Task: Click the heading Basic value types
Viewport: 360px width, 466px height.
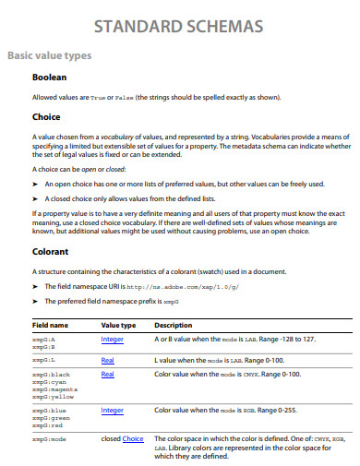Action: (49, 55)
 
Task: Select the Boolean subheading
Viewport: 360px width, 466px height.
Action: (50, 78)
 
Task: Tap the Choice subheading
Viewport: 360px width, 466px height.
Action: (46, 117)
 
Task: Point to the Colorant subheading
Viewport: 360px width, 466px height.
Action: (51, 250)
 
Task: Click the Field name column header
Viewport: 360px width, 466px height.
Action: (50, 326)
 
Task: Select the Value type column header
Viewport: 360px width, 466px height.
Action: (118, 326)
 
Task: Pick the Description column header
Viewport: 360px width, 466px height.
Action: (173, 326)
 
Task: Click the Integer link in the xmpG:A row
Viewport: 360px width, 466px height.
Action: (113, 340)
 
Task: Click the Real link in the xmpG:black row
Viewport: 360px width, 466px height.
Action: (107, 374)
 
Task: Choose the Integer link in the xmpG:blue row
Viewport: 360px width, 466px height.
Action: (113, 410)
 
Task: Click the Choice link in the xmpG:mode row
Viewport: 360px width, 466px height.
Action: (133, 438)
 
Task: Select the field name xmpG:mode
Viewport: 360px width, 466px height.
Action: (49, 439)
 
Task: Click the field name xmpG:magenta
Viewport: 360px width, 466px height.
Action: (53, 388)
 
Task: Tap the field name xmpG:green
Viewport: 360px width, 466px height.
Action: (49, 417)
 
